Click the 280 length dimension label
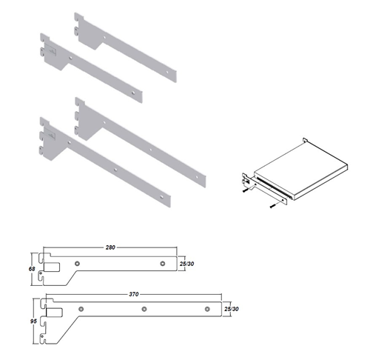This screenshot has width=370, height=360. pyautogui.click(x=110, y=247)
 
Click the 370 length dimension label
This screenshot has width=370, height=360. pyautogui.click(x=134, y=294)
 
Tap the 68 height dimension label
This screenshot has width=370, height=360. pyautogui.click(x=32, y=269)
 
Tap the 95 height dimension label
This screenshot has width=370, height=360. pyautogui.click(x=33, y=321)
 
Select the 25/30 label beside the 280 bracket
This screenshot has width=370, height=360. pyautogui.click(x=186, y=264)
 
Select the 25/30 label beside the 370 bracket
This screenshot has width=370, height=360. pyautogui.click(x=232, y=309)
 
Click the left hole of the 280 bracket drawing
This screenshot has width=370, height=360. pyautogui.click(x=77, y=264)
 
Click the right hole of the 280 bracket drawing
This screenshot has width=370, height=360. pyautogui.click(x=162, y=264)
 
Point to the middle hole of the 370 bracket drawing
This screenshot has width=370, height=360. pyautogui.click(x=144, y=309)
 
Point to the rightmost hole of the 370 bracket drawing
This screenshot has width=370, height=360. pyautogui.click(x=207, y=309)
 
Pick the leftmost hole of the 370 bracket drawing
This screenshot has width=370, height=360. pyautogui.click(x=81, y=309)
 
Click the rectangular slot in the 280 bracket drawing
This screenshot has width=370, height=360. pyautogui.click(x=52, y=267)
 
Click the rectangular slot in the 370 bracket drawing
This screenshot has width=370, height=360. pyautogui.click(x=54, y=312)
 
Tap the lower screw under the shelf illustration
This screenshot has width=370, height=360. pyautogui.click(x=272, y=206)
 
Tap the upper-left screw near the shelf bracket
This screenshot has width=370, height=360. pyautogui.click(x=245, y=190)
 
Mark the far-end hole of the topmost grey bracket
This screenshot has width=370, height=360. pyautogui.click(x=167, y=73)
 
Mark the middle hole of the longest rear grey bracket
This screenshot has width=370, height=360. pyautogui.click(x=151, y=150)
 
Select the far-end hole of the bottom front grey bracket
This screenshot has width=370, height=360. pyautogui.click(x=161, y=197)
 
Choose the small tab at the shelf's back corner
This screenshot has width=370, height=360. pyautogui.click(x=305, y=140)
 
